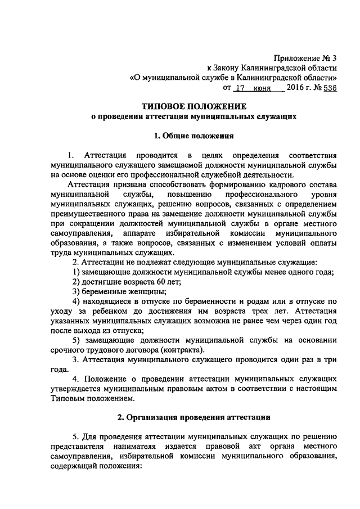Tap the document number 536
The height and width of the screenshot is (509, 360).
click(x=330, y=88)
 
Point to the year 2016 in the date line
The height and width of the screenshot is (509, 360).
click(x=295, y=88)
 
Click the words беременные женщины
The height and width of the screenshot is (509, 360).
click(x=122, y=291)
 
